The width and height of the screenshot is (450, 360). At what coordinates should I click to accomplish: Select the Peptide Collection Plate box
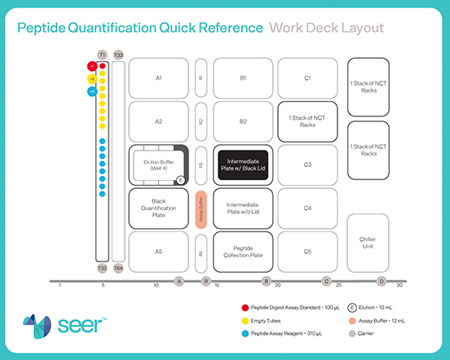(x=243, y=252)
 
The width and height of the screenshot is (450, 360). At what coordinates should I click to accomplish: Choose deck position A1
(x=159, y=78)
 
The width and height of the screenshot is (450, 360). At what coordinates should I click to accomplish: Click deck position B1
(x=243, y=78)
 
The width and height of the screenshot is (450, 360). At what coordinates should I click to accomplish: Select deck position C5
(x=307, y=252)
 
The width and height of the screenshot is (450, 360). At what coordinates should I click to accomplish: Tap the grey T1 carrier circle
(x=103, y=54)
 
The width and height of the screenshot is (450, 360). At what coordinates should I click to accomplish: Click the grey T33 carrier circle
(x=119, y=54)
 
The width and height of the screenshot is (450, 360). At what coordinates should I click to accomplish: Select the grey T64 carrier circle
(x=119, y=268)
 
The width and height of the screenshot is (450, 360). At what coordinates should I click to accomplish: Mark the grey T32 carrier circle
(x=103, y=268)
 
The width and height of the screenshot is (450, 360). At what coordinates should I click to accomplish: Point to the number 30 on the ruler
(x=399, y=286)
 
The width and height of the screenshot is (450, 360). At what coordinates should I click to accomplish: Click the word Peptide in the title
(x=48, y=27)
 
